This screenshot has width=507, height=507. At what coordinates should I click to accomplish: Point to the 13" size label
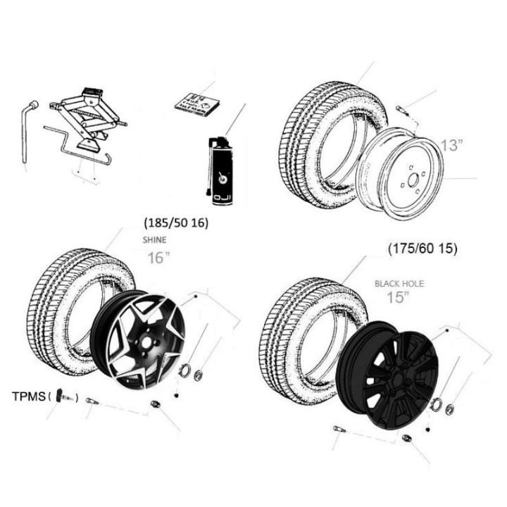(x=451, y=146)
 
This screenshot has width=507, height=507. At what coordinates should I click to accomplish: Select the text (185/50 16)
(x=175, y=223)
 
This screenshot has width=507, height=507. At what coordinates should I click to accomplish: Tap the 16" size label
(x=159, y=257)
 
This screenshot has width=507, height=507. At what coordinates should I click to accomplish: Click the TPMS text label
(x=27, y=396)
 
